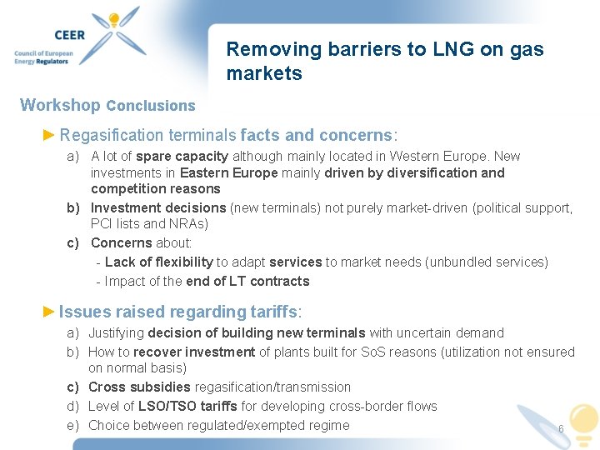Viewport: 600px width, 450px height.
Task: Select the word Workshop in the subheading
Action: pyautogui.click(x=60, y=105)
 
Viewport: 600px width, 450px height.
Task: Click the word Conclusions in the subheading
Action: pyautogui.click(x=151, y=106)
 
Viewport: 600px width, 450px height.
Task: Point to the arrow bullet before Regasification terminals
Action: pyautogui.click(x=49, y=135)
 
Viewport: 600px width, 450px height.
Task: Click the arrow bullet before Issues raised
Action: pyautogui.click(x=49, y=312)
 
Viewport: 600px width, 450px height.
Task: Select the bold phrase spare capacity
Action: pyautogui.click(x=182, y=156)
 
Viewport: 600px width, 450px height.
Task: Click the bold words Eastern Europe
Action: pyautogui.click(x=229, y=172)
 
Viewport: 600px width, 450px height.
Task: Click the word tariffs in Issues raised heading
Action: pyautogui.click(x=273, y=312)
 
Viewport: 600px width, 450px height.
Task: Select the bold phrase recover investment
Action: pyautogui.click(x=194, y=352)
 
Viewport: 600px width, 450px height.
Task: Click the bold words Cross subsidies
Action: pyautogui.click(x=140, y=387)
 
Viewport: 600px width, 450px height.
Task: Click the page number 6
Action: pyautogui.click(x=561, y=429)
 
